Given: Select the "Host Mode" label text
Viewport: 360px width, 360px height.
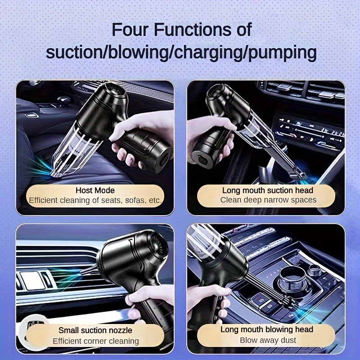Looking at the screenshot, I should pyautogui.click(x=95, y=190).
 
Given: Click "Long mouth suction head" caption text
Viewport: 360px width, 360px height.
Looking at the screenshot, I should pyautogui.click(x=267, y=190).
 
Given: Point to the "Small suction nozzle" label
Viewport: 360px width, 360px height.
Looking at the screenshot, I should pyautogui.click(x=95, y=330).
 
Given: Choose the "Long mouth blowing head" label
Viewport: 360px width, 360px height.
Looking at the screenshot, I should pyautogui.click(x=267, y=329).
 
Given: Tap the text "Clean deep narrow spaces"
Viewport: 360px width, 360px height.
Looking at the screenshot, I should pyautogui.click(x=268, y=200).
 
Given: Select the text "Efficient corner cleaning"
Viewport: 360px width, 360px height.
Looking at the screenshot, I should pyautogui.click(x=95, y=341).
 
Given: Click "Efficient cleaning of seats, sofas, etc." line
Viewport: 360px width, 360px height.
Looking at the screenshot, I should pyautogui.click(x=95, y=200).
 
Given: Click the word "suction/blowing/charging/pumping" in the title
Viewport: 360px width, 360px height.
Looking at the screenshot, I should pyautogui.click(x=181, y=53).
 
